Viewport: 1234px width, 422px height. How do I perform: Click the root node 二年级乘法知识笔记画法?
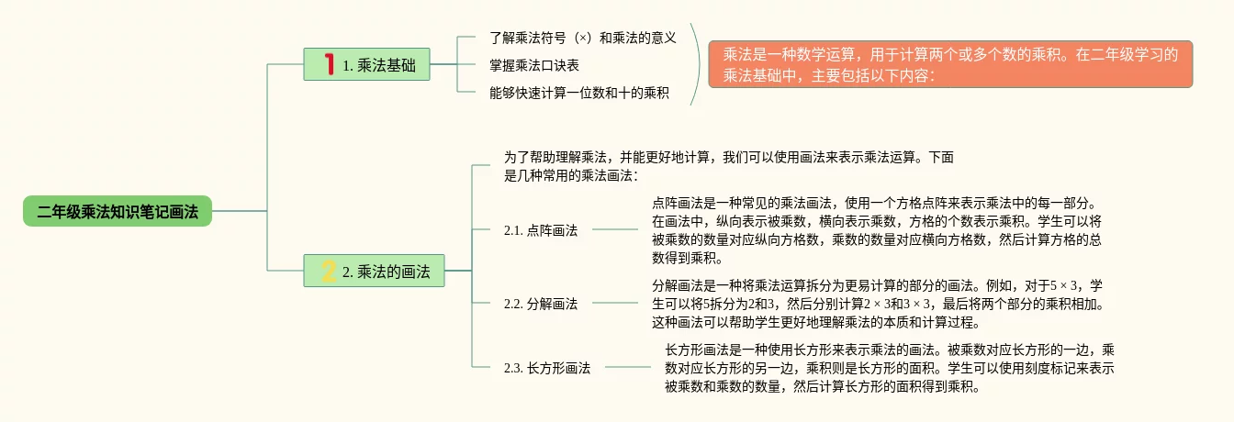pyautogui.click(x=118, y=211)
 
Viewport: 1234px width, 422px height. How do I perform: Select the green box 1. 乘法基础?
pyautogui.click(x=367, y=64)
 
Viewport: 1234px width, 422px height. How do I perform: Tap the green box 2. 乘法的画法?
pyautogui.click(x=375, y=271)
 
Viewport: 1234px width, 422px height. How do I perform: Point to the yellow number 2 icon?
pyautogui.click(x=328, y=271)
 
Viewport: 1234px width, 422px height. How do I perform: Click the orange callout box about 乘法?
pyautogui.click(x=949, y=64)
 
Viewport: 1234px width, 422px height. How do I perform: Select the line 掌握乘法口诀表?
pyautogui.click(x=534, y=65)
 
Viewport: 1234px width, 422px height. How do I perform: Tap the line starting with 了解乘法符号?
pyautogui.click(x=582, y=39)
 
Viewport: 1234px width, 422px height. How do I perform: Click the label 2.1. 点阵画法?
pyautogui.click(x=541, y=230)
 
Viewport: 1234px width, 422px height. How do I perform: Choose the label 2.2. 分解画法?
pyautogui.click(x=541, y=303)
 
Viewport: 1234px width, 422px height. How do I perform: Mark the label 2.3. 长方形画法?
pyautogui.click(x=547, y=367)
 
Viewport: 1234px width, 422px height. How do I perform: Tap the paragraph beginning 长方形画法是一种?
pyautogui.click(x=889, y=367)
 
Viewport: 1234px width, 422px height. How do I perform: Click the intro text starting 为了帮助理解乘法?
pyautogui.click(x=731, y=166)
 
